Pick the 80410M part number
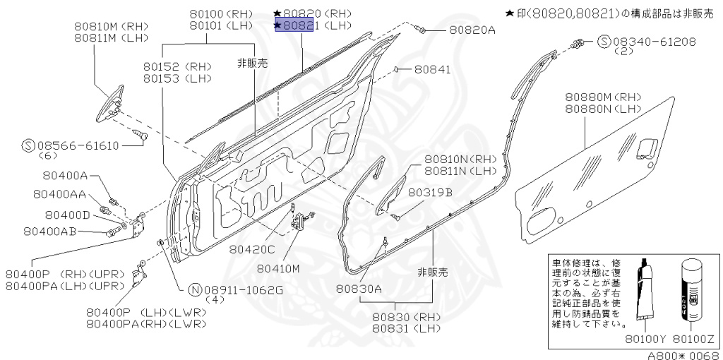[278, 268]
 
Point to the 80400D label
[67, 215]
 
